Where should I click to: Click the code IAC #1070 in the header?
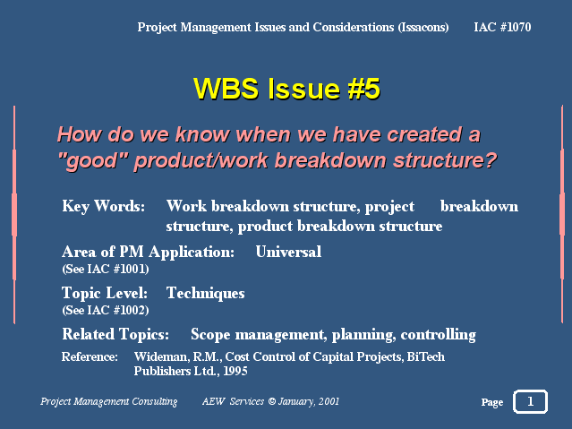click(502, 27)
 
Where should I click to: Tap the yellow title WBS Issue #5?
click(286, 89)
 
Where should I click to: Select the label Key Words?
click(103, 207)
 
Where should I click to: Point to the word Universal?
click(288, 252)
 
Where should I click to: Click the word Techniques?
click(205, 293)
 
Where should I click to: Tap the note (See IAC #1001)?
click(106, 269)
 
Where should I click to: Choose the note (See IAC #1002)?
click(106, 311)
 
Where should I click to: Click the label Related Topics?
click(115, 334)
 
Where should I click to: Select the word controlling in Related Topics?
click(438, 335)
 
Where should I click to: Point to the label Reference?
click(90, 356)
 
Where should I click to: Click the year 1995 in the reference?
click(235, 371)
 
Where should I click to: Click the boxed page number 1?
click(531, 401)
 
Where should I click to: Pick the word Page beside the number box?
click(492, 402)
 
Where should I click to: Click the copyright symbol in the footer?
click(272, 401)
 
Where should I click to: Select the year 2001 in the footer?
click(329, 401)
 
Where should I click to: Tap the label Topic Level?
click(105, 293)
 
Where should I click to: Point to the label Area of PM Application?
click(148, 252)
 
